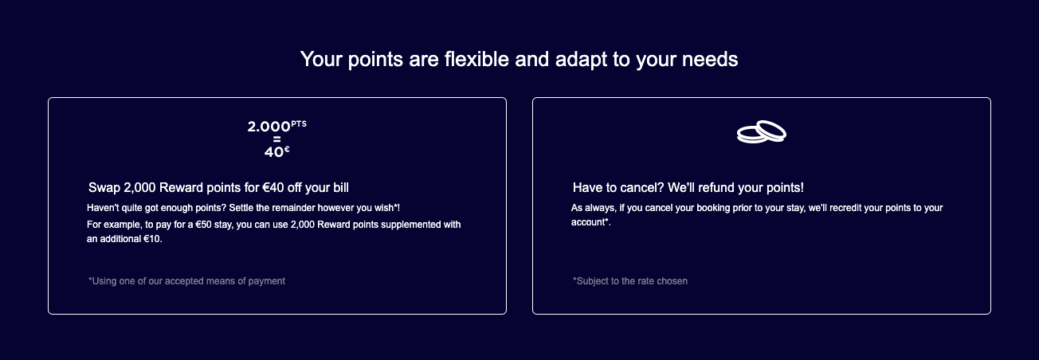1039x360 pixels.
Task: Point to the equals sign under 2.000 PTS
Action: [276, 139]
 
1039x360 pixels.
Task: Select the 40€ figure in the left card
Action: [276, 151]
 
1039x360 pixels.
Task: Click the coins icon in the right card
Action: [761, 132]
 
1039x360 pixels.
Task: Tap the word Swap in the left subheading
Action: [104, 188]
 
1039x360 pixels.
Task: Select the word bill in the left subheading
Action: [339, 188]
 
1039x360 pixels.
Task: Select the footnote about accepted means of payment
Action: [186, 281]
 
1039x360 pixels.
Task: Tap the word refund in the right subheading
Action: [716, 188]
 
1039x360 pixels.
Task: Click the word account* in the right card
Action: [590, 222]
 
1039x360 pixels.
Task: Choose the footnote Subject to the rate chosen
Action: [629, 281]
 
